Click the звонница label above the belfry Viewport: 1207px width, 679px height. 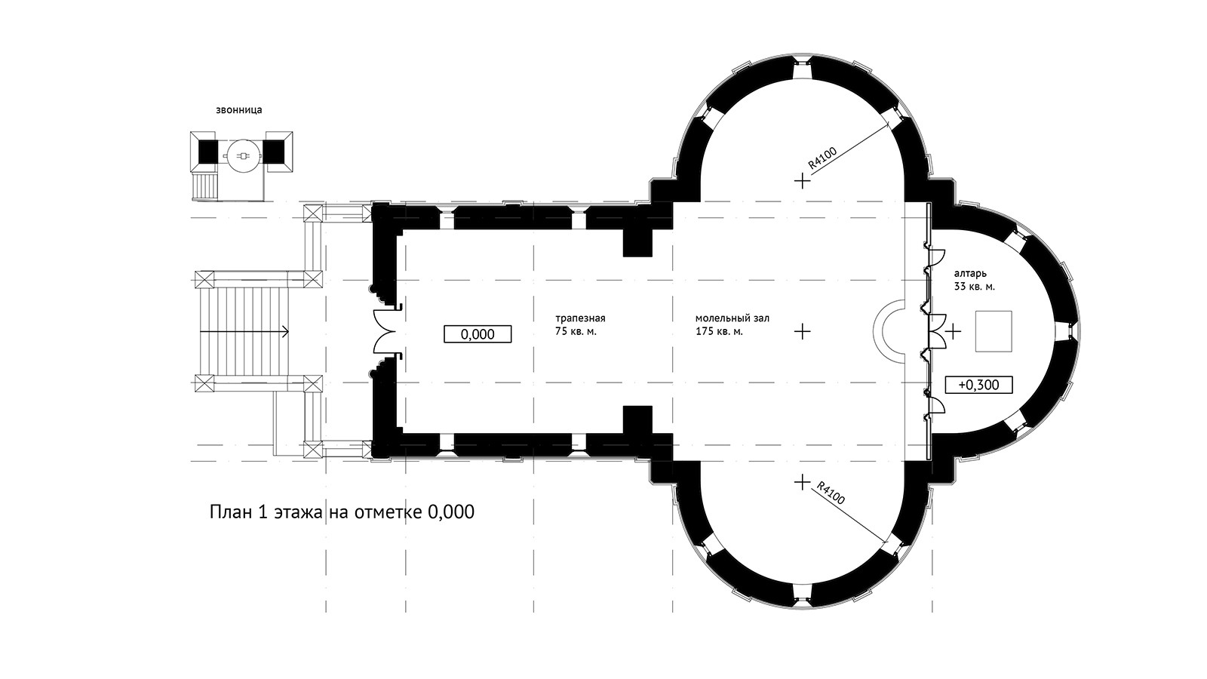click(x=238, y=110)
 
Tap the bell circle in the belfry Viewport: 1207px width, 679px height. click(x=244, y=155)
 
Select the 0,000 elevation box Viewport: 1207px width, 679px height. click(x=478, y=334)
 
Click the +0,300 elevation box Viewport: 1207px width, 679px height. click(x=978, y=385)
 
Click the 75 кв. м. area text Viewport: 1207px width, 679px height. click(x=576, y=331)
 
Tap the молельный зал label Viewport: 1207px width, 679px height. click(x=732, y=318)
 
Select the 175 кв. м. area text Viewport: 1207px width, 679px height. click(x=719, y=331)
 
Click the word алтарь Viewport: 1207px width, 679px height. click(x=970, y=274)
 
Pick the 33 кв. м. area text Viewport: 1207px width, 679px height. click(x=974, y=287)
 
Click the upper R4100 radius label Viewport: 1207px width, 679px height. click(x=823, y=158)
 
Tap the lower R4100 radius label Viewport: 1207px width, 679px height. click(x=831, y=492)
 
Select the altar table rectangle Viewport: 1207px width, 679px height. click(x=994, y=331)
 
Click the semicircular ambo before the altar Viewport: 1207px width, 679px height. click(x=874, y=331)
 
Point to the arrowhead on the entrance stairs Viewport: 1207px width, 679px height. click(x=286, y=331)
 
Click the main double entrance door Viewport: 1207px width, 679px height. click(x=385, y=331)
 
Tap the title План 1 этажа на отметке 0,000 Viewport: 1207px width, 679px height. click(x=342, y=512)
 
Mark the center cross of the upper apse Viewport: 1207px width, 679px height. click(x=803, y=180)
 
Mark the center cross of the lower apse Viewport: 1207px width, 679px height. click(x=803, y=482)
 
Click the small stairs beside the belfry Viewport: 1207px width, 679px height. click(x=205, y=186)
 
